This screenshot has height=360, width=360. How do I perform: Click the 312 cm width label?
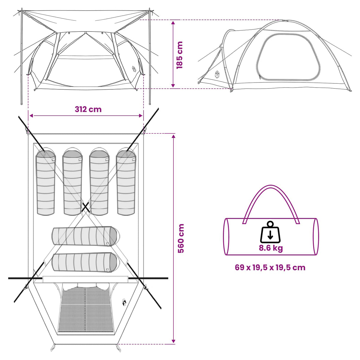click(x=88, y=109)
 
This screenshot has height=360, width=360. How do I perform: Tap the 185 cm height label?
click(x=179, y=55)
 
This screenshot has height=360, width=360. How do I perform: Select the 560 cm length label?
click(x=181, y=238)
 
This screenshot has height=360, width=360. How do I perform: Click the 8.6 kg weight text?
click(x=271, y=248)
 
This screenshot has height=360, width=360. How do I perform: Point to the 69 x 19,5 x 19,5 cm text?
click(x=270, y=268)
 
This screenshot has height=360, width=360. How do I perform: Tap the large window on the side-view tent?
click(x=288, y=57)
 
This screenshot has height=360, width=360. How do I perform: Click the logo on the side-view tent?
click(x=217, y=75)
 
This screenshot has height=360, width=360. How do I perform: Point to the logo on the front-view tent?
click(x=134, y=70)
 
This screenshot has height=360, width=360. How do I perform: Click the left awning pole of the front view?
click(x=22, y=56)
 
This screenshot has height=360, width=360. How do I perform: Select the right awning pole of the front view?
click(x=150, y=56)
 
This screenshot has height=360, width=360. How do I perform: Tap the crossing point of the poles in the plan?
click(x=85, y=207)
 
